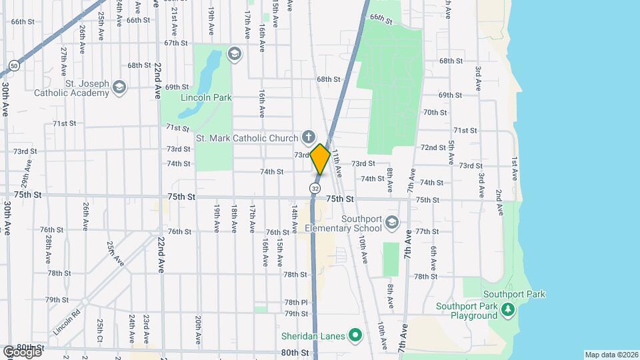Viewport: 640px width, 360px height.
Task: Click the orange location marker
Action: coord(320,159)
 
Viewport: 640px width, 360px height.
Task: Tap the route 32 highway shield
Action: coord(314,189)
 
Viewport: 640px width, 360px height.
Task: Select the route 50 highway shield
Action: coord(14,65)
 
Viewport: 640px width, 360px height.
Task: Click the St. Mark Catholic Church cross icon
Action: coord(307,138)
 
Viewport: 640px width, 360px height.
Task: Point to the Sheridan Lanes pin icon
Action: coord(355,335)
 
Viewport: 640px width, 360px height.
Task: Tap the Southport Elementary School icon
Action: coord(392,222)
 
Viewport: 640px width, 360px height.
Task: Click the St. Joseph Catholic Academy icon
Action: coord(119,87)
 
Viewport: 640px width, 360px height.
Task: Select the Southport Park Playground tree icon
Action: coord(507,310)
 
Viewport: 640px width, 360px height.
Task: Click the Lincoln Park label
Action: coord(206,98)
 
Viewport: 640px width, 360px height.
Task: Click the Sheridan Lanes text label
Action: coord(313,336)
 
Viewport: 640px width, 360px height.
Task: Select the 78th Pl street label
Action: coord(295,302)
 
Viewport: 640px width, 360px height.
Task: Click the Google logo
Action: coord(21,351)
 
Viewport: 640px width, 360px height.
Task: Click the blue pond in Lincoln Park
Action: coord(211,70)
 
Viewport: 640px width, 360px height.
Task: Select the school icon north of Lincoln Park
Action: coord(234,53)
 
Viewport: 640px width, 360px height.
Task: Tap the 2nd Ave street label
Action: coord(499,202)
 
